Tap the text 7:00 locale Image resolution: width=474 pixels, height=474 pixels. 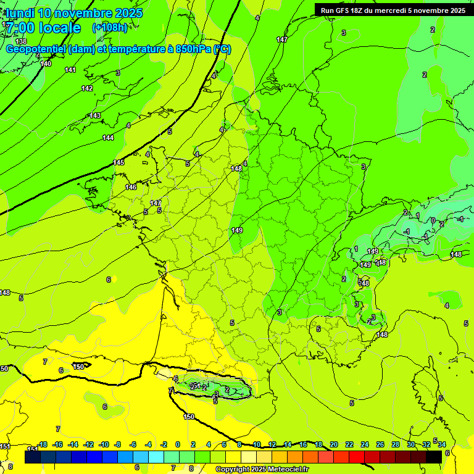[x=43, y=28]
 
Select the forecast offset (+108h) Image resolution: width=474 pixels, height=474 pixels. [x=110, y=28]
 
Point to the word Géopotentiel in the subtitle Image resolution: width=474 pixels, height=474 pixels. [x=36, y=49]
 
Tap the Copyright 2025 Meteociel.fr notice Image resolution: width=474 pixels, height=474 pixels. [x=262, y=470]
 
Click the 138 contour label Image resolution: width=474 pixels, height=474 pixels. [x=21, y=41]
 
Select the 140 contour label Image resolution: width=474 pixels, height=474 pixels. [x=46, y=64]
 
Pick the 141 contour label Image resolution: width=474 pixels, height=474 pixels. [x=70, y=70]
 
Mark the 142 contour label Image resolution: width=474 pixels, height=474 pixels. [x=87, y=88]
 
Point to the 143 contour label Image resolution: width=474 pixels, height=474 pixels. [x=95, y=115]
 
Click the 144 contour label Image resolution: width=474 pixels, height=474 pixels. [x=108, y=138]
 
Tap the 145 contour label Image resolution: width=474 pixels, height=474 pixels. [x=118, y=162]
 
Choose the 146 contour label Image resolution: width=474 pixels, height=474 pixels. [x=130, y=187]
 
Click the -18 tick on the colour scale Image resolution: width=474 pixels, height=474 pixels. [x=43, y=444]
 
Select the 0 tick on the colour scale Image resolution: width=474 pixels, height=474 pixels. [x=178, y=444]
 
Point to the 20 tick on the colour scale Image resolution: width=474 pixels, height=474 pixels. [x=334, y=444]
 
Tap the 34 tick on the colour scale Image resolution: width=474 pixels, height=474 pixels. [x=442, y=444]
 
